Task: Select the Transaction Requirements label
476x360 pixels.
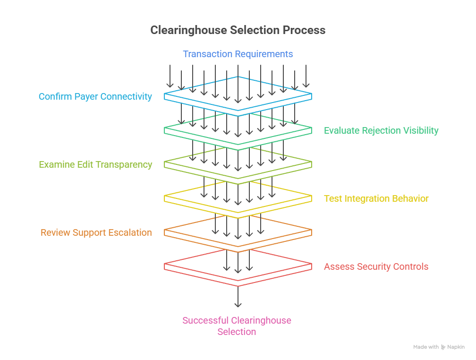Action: click(238, 54)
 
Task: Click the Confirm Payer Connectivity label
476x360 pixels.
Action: click(95, 96)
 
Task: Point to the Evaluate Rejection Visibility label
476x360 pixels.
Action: click(381, 131)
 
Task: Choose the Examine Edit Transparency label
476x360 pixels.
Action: click(95, 165)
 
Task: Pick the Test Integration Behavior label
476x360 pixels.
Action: click(376, 199)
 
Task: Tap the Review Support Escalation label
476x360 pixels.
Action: click(96, 233)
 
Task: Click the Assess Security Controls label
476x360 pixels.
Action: click(376, 267)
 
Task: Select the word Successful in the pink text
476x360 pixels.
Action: click(205, 320)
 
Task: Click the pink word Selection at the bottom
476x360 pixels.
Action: click(237, 332)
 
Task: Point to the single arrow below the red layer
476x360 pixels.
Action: click(238, 297)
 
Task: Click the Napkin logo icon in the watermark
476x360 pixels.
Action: click(443, 347)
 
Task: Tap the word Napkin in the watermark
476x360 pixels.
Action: click(456, 347)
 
